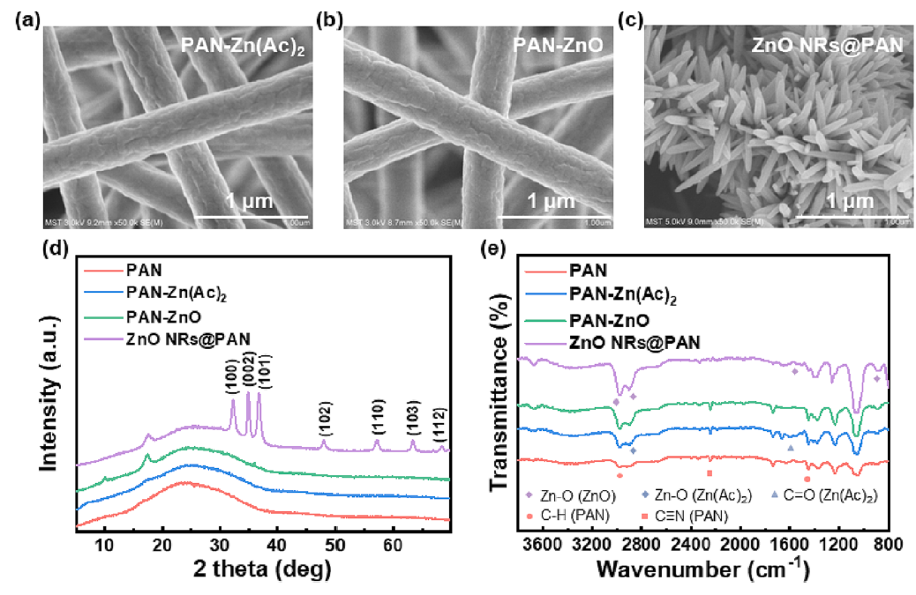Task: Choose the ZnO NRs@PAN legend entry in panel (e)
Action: (638, 342)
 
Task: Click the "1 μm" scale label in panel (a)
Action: (240, 203)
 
